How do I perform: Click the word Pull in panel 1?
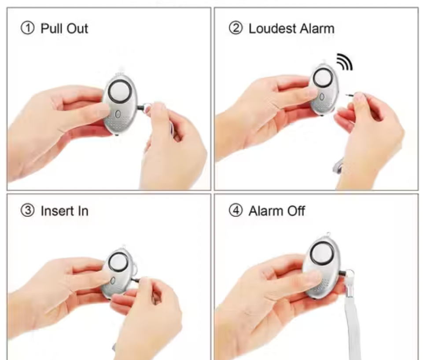pos(52,29)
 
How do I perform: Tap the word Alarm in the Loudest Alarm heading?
pos(316,29)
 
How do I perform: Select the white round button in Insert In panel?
pos(118,263)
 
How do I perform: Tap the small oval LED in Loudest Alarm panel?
pos(322,96)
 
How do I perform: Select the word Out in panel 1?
pos(78,29)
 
